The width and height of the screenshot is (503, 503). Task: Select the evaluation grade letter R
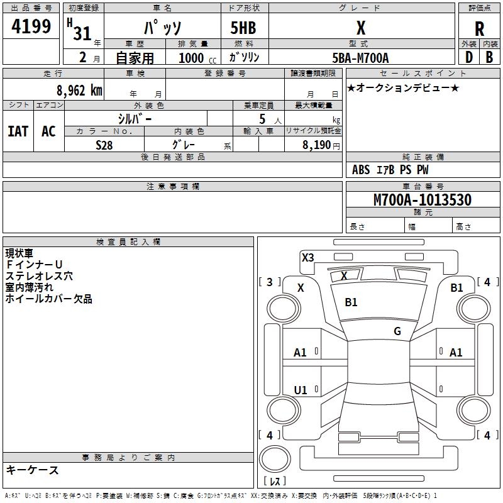tap(479, 28)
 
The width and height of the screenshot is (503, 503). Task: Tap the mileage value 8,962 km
tap(79, 91)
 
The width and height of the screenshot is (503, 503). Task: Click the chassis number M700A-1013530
tap(422, 201)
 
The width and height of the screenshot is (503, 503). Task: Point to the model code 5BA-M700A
tap(360, 58)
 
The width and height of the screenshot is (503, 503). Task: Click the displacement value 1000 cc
tap(195, 58)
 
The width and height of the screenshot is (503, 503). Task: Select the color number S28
tap(104, 145)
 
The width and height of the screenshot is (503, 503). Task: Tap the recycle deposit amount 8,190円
tap(321, 145)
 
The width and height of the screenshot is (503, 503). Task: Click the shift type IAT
tap(18, 131)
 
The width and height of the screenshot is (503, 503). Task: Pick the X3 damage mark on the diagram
tap(307, 257)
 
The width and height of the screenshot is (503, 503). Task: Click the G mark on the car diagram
tap(397, 331)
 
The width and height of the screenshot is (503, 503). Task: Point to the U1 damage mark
tap(301, 390)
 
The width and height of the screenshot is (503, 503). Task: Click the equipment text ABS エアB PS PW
tap(390, 170)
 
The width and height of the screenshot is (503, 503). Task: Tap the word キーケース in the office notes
tap(33, 470)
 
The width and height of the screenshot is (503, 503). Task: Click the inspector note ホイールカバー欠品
tap(49, 299)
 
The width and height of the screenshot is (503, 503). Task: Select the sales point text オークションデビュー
tap(403, 88)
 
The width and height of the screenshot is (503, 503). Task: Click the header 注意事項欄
tap(172, 187)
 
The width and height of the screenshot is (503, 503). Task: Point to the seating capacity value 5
tap(262, 119)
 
